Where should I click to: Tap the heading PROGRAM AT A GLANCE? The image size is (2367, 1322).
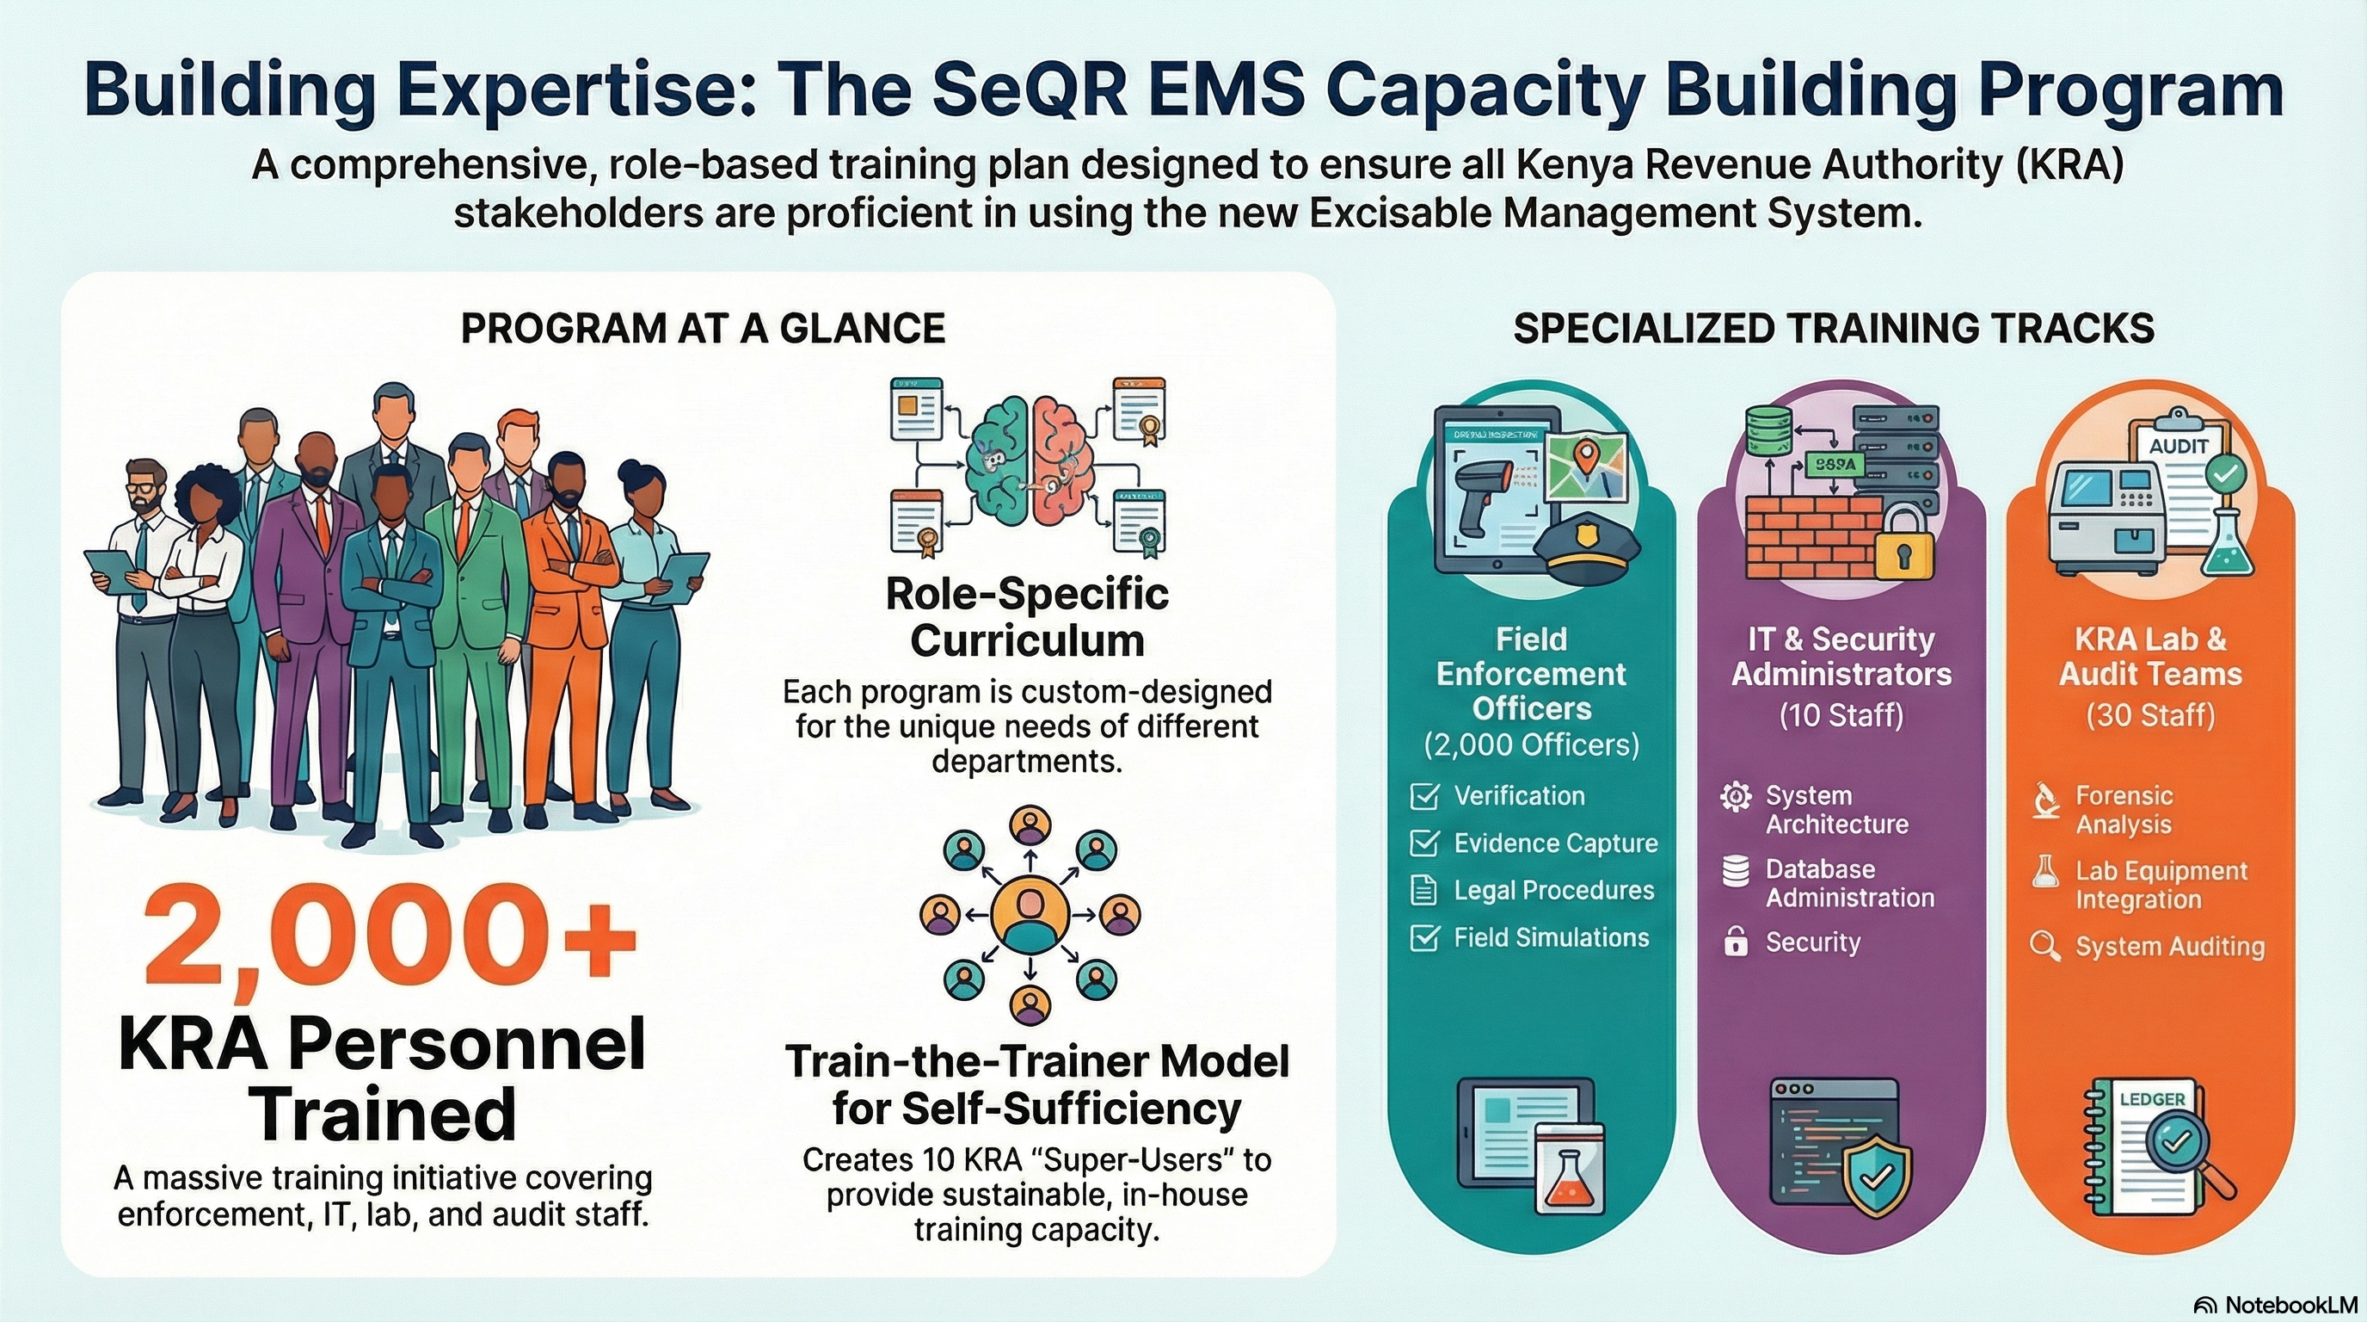[x=703, y=328]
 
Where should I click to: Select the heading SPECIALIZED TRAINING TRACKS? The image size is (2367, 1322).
[x=1833, y=328]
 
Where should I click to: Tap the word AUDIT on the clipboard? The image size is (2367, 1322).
[x=2179, y=446]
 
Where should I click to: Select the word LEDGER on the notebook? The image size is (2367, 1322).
[x=2152, y=1100]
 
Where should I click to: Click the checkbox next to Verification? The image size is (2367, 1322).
[x=1424, y=796]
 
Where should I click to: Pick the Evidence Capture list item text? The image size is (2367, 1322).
[x=1556, y=843]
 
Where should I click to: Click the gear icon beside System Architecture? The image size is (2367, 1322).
[x=1735, y=796]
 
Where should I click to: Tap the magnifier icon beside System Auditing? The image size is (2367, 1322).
[x=2044, y=946]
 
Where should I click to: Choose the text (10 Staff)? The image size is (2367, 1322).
[x=1841, y=715]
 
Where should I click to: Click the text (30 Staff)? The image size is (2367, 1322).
[x=2150, y=715]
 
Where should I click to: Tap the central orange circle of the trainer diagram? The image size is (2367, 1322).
[x=1030, y=914]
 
